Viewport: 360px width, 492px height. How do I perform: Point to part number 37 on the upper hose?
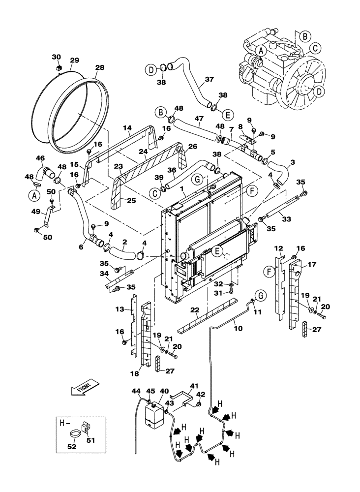195,79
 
